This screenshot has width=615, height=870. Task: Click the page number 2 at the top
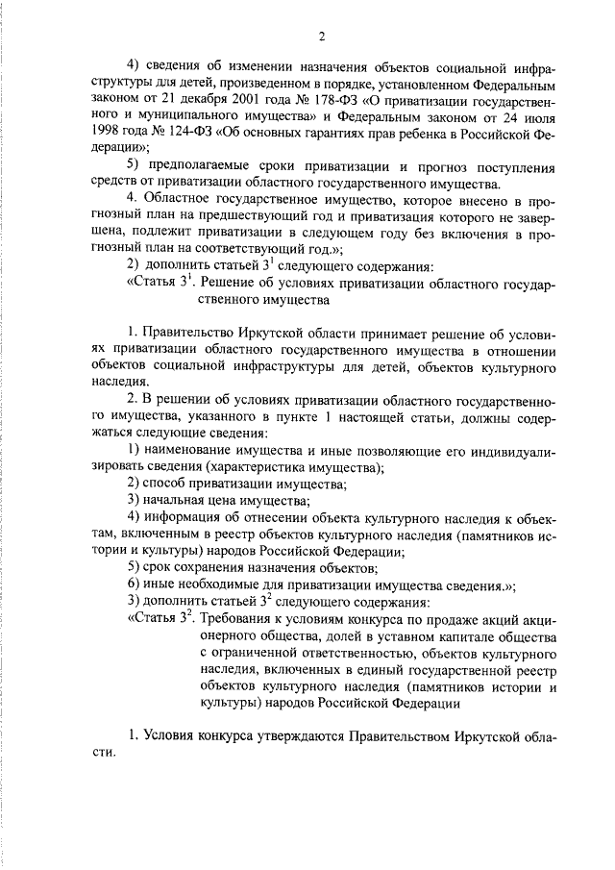[x=323, y=37]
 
